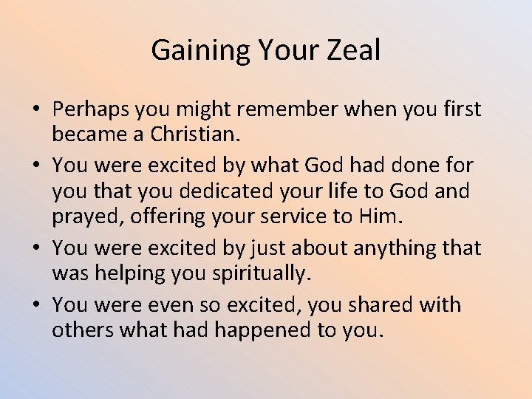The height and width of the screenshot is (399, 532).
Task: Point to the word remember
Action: [298, 109]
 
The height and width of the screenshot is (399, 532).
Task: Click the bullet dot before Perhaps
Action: [35, 111]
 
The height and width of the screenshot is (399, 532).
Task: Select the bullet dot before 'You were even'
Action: [35, 305]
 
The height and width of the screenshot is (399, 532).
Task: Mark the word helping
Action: [129, 273]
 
